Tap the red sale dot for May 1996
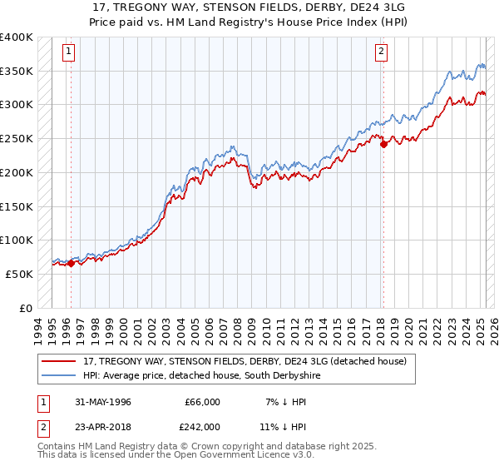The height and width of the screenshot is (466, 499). tap(71, 263)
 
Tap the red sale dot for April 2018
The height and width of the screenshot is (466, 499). tap(383, 144)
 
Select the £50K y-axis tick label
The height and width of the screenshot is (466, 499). tap(18, 274)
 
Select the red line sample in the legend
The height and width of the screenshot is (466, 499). tap(59, 361)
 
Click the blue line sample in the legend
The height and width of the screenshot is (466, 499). tap(59, 376)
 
